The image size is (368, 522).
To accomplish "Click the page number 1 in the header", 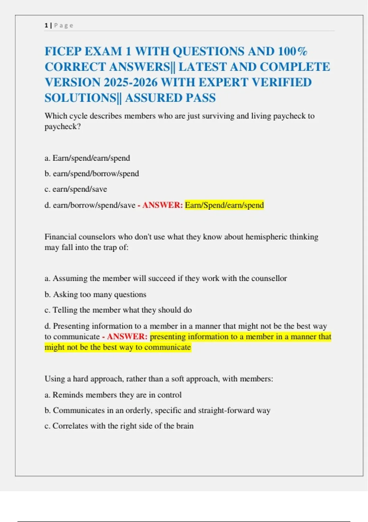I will [46, 25].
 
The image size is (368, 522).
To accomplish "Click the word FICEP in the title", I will [63, 51].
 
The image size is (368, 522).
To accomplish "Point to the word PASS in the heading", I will [201, 98].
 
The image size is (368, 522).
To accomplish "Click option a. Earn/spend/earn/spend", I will [87, 158].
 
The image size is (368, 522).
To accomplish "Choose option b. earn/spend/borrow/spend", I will [92, 174].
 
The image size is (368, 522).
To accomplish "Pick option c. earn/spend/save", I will [76, 189].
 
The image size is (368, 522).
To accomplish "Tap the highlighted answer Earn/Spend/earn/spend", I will [224, 205].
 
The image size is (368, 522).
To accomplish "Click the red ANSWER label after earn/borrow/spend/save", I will [162, 205].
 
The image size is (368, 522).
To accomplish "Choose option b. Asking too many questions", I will [95, 294].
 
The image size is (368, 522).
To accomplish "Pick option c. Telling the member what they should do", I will [118, 310].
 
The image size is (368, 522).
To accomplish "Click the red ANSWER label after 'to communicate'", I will [127, 337].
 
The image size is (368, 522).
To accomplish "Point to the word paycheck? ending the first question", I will [63, 127].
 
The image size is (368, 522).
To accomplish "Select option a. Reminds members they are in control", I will [113, 395].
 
